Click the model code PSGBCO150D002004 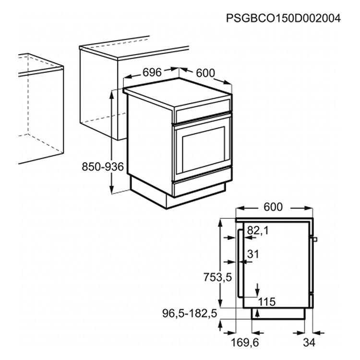click(x=283, y=19)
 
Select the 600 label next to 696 click(x=205, y=73)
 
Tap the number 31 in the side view click(x=253, y=254)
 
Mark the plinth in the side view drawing click(x=278, y=313)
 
